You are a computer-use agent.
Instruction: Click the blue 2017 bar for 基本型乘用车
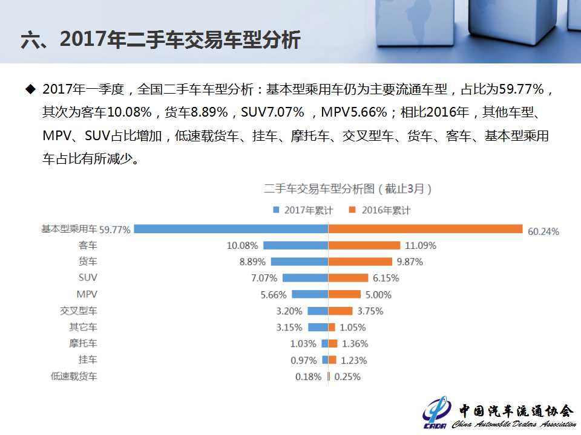(231, 229)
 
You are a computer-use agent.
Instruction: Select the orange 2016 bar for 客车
(364, 245)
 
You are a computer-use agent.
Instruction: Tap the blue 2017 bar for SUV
(305, 278)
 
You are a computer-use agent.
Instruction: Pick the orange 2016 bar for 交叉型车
(340, 311)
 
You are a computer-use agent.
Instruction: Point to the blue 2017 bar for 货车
(299, 262)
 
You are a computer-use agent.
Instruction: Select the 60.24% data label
(543, 231)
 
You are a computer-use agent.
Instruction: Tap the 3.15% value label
(288, 327)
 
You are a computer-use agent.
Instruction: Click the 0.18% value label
(308, 376)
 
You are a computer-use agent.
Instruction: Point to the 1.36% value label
(355, 344)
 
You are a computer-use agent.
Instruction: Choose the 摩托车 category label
(83, 343)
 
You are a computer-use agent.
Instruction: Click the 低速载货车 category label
(74, 376)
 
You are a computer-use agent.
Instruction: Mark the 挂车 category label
(88, 359)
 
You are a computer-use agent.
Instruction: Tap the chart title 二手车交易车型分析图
(347, 188)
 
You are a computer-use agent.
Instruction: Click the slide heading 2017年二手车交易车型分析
(160, 40)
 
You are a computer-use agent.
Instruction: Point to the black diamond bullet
(30, 90)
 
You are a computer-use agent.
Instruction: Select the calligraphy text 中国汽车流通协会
(515, 410)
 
